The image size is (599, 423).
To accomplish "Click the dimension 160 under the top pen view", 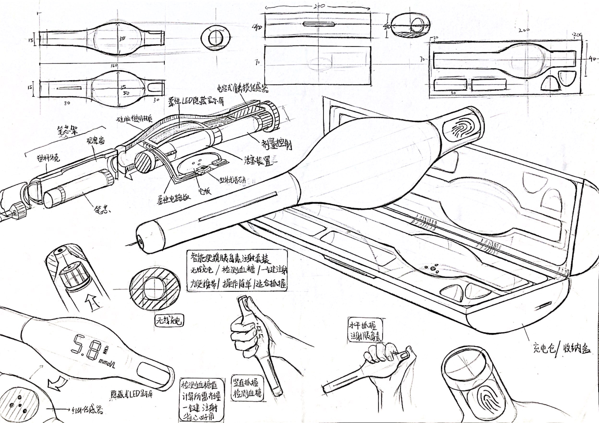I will click(x=114, y=66).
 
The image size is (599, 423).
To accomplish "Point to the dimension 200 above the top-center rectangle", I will click(x=318, y=6).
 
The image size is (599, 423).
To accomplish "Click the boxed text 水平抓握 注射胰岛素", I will click(x=365, y=330).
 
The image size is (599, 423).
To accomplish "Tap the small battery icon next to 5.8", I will click(x=106, y=350).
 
